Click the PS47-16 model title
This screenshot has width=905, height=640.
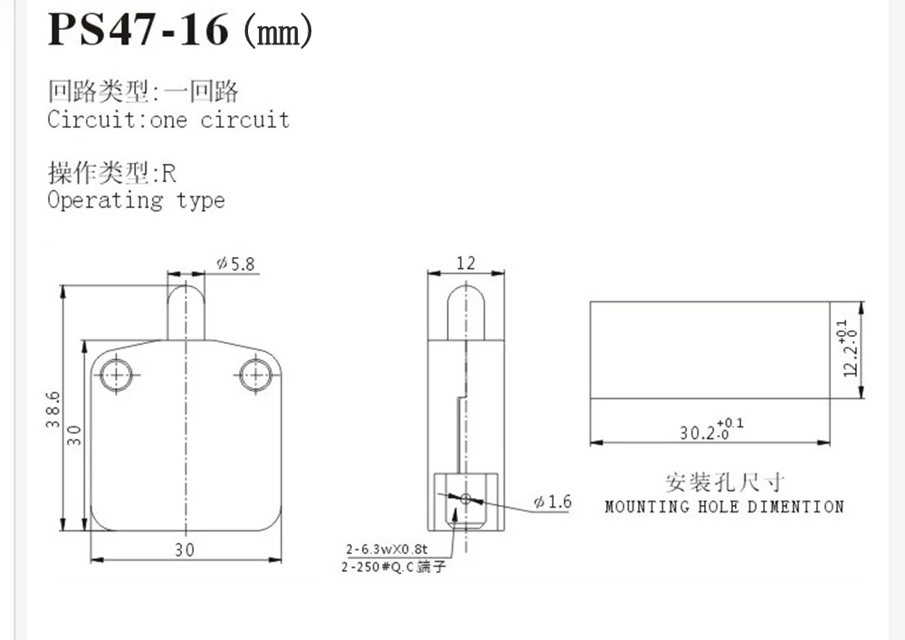click(138, 29)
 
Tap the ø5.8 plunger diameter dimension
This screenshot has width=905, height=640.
click(235, 263)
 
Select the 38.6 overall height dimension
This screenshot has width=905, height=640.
click(52, 409)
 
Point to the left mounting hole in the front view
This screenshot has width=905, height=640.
click(116, 375)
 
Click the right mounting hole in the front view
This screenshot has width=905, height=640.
click(255, 375)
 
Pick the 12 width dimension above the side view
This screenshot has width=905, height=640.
click(466, 263)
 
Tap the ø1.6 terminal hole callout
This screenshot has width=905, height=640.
click(553, 501)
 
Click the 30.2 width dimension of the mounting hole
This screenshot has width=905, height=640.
click(711, 430)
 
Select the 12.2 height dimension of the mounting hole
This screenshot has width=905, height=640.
click(850, 348)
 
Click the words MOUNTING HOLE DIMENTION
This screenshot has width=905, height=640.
click(724, 507)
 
